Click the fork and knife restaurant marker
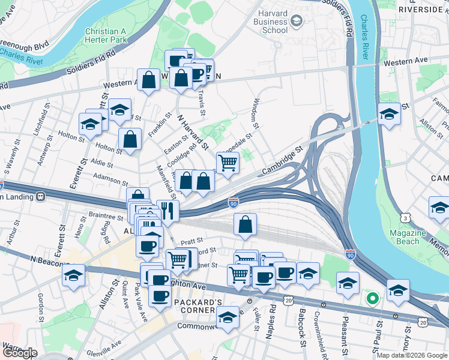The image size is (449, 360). click(x=167, y=211)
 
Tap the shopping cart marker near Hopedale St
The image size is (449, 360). click(x=228, y=162)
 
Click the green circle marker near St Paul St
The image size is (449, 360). click(x=372, y=297)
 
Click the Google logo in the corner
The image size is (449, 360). click(x=19, y=352)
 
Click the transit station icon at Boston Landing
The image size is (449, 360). click(x=41, y=197)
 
